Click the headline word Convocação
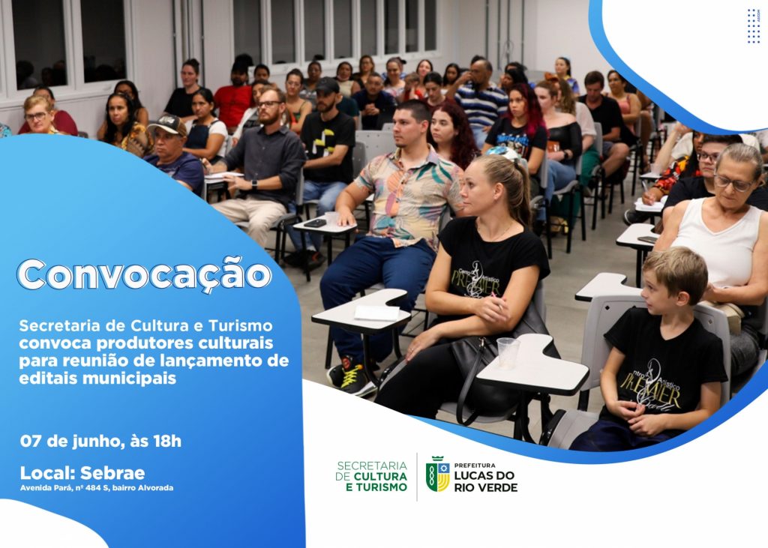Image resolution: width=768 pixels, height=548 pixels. [x=144, y=274]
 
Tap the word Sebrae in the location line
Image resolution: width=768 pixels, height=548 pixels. [x=112, y=473]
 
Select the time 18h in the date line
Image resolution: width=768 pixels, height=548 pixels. [x=167, y=442]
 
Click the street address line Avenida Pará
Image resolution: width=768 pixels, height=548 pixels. [x=97, y=488]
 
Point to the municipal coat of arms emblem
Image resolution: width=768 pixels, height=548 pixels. [x=437, y=474]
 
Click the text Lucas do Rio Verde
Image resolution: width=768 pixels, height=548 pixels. [x=485, y=481]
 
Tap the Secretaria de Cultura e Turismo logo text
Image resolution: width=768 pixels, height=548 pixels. [x=371, y=476]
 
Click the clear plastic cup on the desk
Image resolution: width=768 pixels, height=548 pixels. [x=508, y=352]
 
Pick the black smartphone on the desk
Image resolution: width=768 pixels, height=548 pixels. [x=315, y=223]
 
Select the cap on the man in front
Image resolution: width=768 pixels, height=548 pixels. [x=167, y=124]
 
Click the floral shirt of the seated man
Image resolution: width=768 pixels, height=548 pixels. [x=408, y=195]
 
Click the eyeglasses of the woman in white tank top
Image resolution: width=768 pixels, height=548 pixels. [x=733, y=183]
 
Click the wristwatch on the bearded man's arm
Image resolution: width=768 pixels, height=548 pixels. [x=254, y=185]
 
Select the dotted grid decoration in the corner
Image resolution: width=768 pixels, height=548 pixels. [x=753, y=26]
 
